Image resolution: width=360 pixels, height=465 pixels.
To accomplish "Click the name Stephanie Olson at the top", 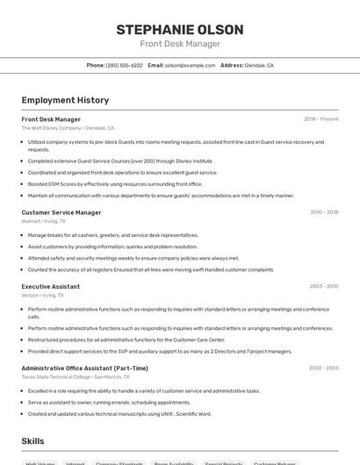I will pyautogui.click(x=180, y=30).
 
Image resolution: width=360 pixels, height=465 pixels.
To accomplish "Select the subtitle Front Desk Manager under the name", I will pyautogui.click(x=180, y=44).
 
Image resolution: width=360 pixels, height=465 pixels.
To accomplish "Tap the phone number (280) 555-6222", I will pyautogui.click(x=124, y=65).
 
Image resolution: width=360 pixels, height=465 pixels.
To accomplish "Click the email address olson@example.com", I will pyautogui.click(x=190, y=65).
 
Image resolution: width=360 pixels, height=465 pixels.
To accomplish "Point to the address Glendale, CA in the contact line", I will pyautogui.click(x=259, y=65).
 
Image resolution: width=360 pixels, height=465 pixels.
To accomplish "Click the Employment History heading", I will pyautogui.click(x=65, y=100).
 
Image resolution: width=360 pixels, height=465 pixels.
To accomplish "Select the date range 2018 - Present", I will pyautogui.click(x=320, y=119).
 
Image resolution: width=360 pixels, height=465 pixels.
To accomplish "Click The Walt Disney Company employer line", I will pyautogui.click(x=68, y=128).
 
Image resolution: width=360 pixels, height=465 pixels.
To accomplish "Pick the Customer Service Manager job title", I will pyautogui.click(x=61, y=212).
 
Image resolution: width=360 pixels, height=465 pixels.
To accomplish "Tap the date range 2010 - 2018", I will pyautogui.click(x=324, y=212).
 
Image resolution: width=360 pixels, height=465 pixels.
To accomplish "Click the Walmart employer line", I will pyautogui.click(x=43, y=221).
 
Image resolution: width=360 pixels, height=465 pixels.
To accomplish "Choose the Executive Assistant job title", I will pyautogui.click(x=50, y=286).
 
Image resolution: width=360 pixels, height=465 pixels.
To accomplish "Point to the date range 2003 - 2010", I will pyautogui.click(x=323, y=286).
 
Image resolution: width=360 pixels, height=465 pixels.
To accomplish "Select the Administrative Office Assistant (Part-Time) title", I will pyautogui.click(x=84, y=368).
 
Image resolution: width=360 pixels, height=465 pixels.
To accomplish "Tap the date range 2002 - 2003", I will pyautogui.click(x=323, y=368).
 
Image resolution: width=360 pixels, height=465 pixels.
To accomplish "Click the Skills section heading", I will pyautogui.click(x=32, y=441).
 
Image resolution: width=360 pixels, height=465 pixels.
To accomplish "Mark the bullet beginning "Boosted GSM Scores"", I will pyautogui.click(x=114, y=184).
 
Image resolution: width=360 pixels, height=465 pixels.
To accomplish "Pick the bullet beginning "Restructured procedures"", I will pyautogui.click(x=126, y=340).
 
